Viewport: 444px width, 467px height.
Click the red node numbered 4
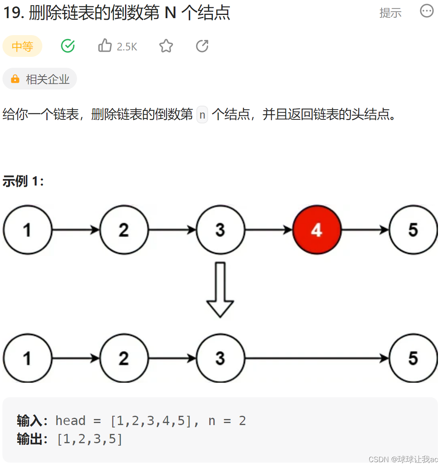coord(317,230)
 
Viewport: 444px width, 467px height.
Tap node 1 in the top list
coord(27,230)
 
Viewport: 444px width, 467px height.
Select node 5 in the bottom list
coord(413,358)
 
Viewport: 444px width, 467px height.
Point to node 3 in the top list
coord(220,230)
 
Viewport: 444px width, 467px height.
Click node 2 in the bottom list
coord(124,358)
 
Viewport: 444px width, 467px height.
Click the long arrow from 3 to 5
coord(317,358)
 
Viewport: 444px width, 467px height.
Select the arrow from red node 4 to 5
coord(365,230)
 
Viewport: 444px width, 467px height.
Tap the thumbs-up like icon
coord(105,46)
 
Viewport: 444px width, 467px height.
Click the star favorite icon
coord(166,46)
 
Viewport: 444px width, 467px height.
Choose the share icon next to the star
coord(202,46)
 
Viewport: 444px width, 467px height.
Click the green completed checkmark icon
coord(68,46)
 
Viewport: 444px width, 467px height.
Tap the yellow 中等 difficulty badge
coord(23,46)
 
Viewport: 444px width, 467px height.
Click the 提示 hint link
coord(390,13)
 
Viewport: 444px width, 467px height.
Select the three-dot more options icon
coord(427,11)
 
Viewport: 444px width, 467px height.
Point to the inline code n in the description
coord(202,115)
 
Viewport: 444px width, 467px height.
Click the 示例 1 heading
coord(23,181)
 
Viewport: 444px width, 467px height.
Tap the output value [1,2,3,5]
coord(90,439)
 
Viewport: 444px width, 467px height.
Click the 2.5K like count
coord(127,47)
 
